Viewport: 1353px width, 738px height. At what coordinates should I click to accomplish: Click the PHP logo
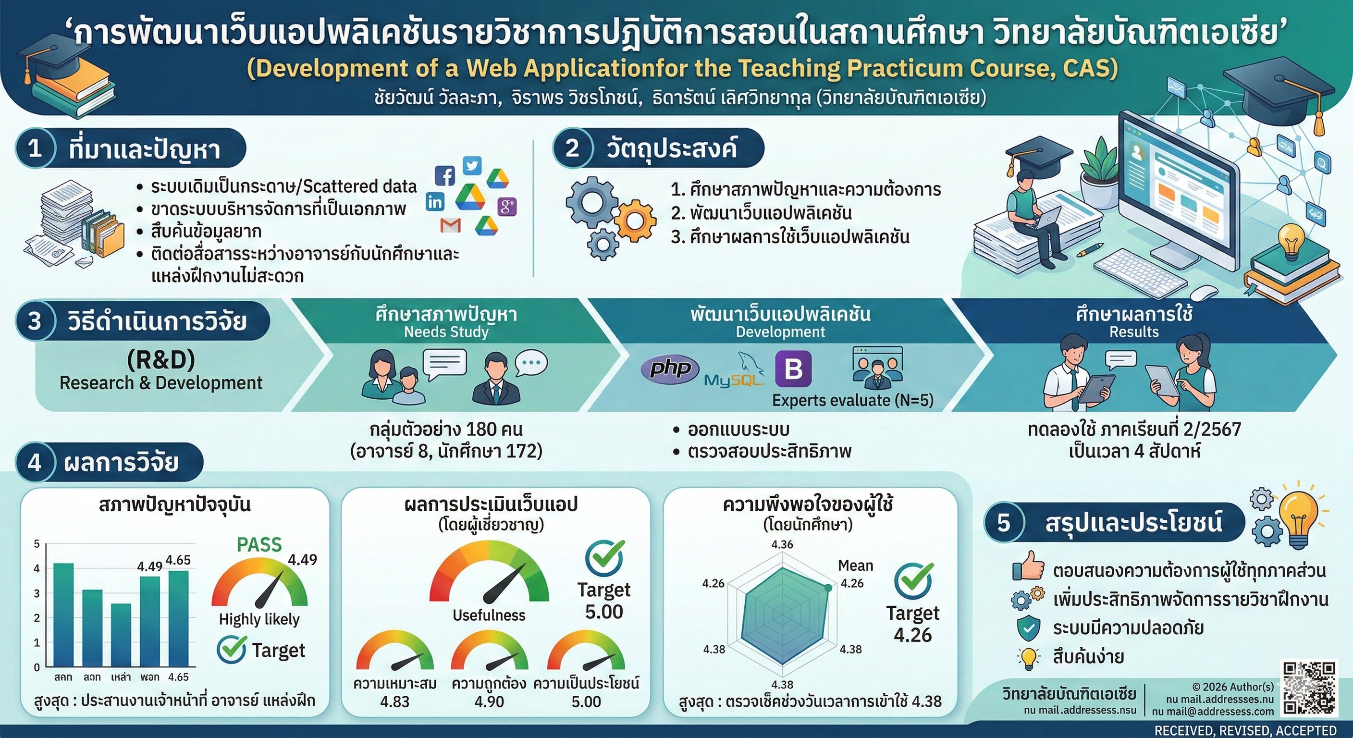[670, 369]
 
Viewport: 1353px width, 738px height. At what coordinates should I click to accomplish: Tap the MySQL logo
[734, 372]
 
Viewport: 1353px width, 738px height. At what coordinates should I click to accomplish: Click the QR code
[1309, 688]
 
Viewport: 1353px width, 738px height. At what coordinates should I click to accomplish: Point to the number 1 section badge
[35, 148]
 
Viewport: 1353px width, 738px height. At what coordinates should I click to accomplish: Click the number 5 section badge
[1004, 523]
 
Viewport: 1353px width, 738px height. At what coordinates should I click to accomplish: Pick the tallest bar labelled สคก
[63, 615]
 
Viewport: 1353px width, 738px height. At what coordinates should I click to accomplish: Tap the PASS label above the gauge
[259, 545]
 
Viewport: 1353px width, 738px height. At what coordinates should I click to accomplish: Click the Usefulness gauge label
[489, 615]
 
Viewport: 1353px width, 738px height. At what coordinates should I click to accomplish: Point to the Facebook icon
[445, 175]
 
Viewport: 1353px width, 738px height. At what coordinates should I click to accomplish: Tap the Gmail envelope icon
[451, 225]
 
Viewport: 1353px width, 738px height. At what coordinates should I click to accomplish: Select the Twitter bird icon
[472, 165]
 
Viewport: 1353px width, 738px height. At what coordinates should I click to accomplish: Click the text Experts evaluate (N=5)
[852, 400]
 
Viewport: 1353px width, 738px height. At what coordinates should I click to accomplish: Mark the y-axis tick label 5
[37, 544]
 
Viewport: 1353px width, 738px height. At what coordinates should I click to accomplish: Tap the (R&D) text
[161, 360]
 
